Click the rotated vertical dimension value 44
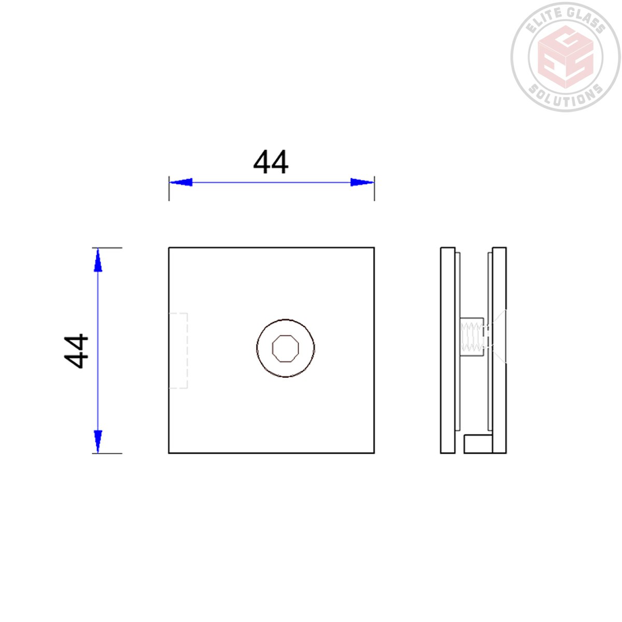(77, 351)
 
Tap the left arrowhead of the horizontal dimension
(181, 182)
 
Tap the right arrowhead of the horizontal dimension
(362, 182)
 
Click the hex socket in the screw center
(286, 348)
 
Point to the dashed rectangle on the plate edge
(178, 350)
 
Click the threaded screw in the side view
(472, 337)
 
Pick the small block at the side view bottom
(477, 444)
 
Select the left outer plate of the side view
(447, 350)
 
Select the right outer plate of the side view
(499, 350)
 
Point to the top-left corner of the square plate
(169, 248)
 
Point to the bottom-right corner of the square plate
(374, 453)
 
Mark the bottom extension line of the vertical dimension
(108, 454)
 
